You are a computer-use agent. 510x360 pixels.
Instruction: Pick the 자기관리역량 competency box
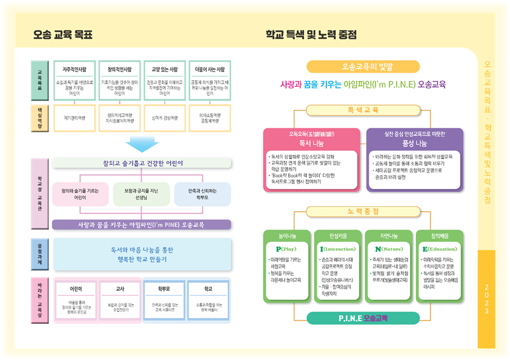click(75, 118)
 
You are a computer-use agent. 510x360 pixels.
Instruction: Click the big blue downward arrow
click(142, 143)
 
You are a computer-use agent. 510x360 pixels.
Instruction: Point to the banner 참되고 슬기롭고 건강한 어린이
click(142, 163)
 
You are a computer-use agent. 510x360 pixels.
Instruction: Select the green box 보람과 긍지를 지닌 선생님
click(142, 194)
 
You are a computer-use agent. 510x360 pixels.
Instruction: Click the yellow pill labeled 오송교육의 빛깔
click(363, 66)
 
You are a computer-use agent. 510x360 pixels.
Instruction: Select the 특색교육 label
click(363, 109)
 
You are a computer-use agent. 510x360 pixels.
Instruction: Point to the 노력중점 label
click(363, 211)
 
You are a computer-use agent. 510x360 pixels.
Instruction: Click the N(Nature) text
click(387, 249)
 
